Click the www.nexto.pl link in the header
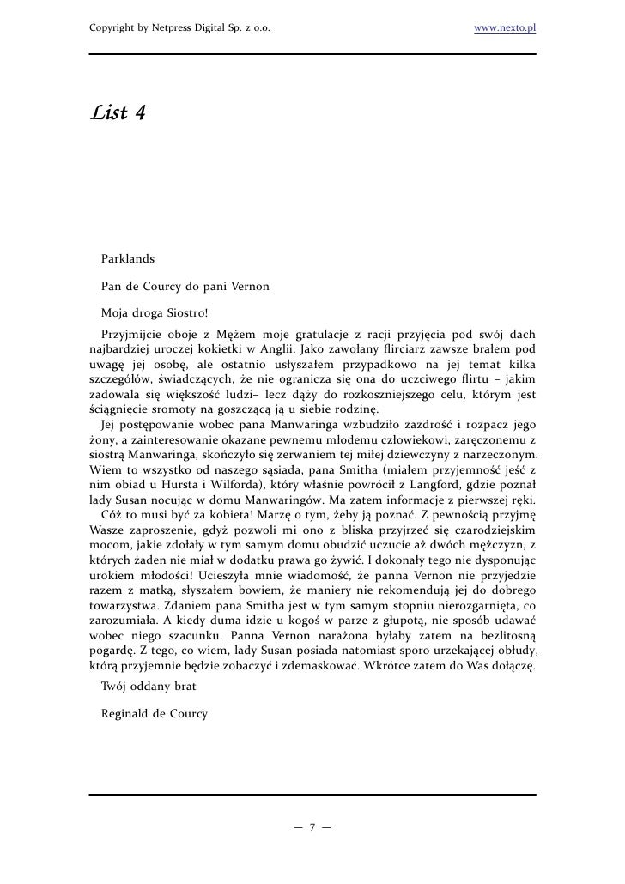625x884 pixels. point(505,28)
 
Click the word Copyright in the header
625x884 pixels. point(111,29)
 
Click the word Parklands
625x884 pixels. point(128,257)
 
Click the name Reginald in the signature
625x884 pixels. point(130,714)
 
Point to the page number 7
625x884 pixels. point(312,828)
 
